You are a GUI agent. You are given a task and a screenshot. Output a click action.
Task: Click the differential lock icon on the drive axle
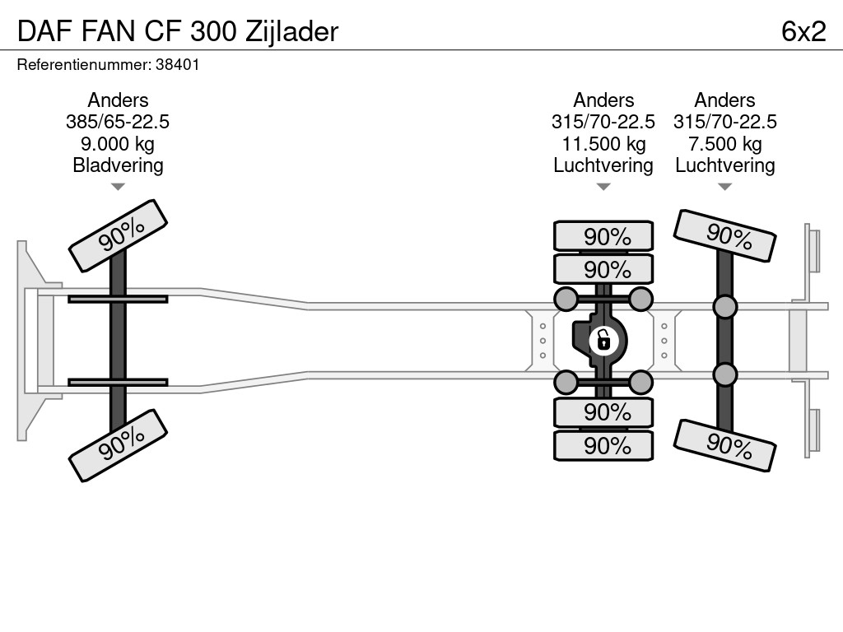click(x=603, y=338)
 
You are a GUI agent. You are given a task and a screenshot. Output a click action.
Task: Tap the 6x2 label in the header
click(x=803, y=31)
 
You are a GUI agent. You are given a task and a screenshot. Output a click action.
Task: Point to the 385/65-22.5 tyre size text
click(x=118, y=122)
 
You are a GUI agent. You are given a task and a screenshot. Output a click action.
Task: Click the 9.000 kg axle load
click(x=118, y=144)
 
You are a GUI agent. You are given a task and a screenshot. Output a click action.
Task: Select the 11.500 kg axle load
click(x=603, y=144)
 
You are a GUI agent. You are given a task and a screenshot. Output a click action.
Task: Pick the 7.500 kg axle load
click(x=724, y=144)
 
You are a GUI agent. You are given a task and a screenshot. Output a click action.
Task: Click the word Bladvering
click(x=118, y=165)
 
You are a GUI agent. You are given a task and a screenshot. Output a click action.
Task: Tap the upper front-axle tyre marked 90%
click(x=118, y=235)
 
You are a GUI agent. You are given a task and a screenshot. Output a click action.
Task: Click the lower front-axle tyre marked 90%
click(x=118, y=445)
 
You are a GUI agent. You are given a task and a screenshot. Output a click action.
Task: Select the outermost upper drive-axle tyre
click(x=603, y=236)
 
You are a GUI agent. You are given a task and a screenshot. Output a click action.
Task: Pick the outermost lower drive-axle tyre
click(x=603, y=446)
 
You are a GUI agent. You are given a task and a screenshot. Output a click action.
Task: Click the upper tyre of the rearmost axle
click(x=724, y=236)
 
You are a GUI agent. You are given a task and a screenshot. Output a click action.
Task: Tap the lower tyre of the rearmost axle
click(x=724, y=446)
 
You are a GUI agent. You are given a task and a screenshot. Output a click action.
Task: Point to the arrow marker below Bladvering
click(x=118, y=187)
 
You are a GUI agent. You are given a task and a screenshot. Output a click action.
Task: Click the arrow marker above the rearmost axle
click(x=724, y=187)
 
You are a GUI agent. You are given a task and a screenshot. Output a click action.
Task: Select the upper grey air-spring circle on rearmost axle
click(x=724, y=308)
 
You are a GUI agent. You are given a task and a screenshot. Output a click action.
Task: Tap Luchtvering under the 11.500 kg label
click(x=603, y=165)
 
